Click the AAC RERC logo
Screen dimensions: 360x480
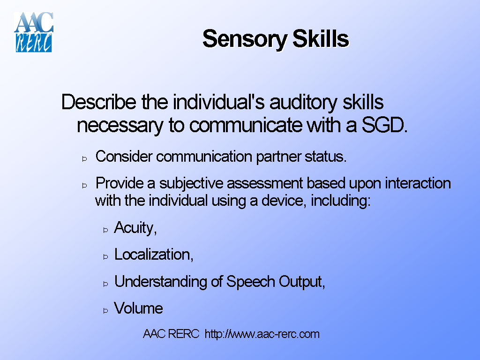34,32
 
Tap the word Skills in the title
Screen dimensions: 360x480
321,39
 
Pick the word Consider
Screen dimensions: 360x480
124,157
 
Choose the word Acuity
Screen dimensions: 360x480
134,228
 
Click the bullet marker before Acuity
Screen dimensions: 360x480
105,230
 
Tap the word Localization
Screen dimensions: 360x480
153,255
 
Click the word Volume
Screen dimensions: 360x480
139,308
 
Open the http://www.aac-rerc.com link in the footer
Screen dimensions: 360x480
262,334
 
